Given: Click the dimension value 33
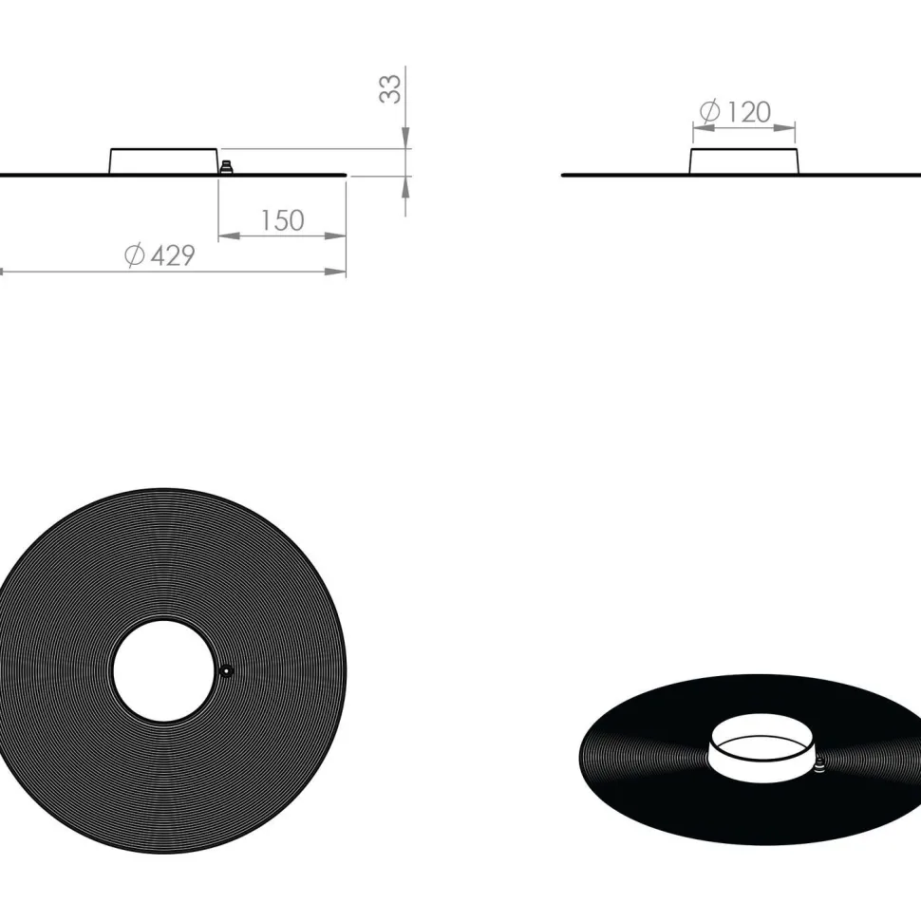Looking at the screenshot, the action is [x=390, y=89].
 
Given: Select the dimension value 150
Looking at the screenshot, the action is [x=282, y=220].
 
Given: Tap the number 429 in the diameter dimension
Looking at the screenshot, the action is [x=173, y=255].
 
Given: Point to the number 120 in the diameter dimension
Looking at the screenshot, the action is [x=749, y=112].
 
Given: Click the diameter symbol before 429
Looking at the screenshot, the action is [x=135, y=255].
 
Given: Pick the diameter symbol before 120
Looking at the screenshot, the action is [x=710, y=111].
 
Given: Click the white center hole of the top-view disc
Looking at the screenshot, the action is [x=164, y=671].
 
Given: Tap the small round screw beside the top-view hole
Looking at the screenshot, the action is [x=226, y=671].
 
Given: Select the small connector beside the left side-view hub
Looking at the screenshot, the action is [x=226, y=167].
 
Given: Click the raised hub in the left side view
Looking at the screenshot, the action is [x=163, y=161].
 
